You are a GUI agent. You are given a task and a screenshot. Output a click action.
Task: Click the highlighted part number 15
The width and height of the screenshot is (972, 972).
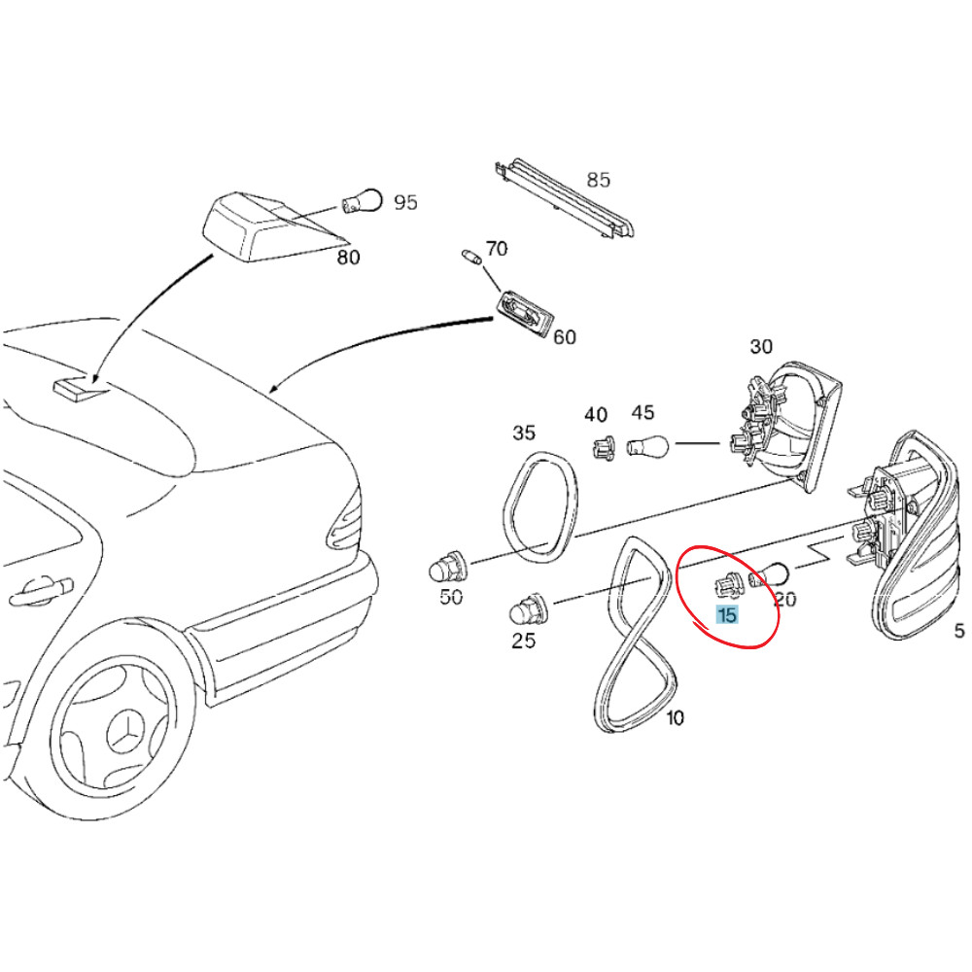[x=726, y=614]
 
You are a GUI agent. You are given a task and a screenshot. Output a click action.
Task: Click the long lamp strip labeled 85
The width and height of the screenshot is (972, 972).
[x=564, y=199]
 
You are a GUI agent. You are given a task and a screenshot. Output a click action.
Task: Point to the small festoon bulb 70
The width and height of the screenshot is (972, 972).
[x=470, y=258]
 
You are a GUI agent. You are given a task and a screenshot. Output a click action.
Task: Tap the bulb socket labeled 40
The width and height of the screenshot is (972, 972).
[x=603, y=448]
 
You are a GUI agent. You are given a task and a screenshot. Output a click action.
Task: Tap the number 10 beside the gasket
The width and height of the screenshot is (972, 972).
[x=675, y=718]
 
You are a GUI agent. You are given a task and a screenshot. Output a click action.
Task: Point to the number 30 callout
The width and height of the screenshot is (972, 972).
[x=760, y=347]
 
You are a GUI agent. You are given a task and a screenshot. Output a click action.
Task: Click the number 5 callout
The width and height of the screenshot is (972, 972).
[x=959, y=631]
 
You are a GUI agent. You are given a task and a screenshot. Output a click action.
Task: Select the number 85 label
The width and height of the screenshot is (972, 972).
[x=598, y=180]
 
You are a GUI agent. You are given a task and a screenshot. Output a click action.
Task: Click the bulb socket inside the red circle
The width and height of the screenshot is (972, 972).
[x=726, y=585]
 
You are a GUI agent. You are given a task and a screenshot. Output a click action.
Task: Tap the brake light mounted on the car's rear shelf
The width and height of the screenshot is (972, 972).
[x=78, y=387]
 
